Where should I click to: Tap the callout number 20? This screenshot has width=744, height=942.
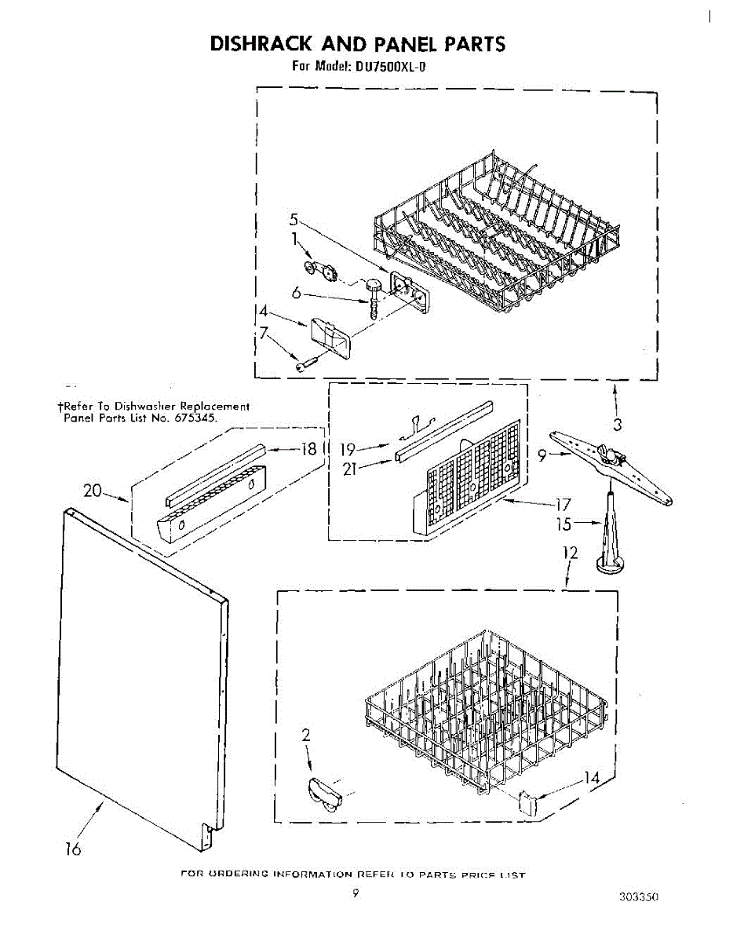[x=93, y=491]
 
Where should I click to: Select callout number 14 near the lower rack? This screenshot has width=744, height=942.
[x=590, y=778]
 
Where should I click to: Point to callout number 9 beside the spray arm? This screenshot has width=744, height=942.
[x=542, y=453]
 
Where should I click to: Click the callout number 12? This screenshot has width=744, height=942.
[x=571, y=553]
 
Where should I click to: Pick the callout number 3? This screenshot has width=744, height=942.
[x=618, y=425]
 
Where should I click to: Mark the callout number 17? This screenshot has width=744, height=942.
[x=563, y=504]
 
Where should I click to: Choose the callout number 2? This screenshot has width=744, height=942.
[x=306, y=736]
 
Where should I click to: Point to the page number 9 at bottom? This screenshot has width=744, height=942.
[x=356, y=893]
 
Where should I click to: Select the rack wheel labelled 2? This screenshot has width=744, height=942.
[x=323, y=791]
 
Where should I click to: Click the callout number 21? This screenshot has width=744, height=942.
[x=350, y=470]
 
